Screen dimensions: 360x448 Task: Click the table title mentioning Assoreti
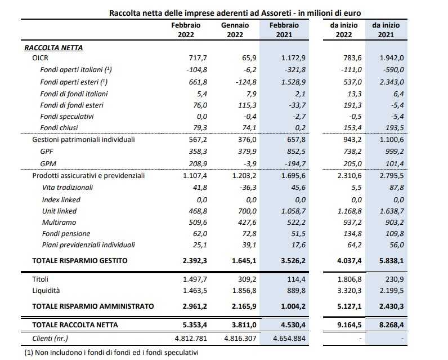[x=235, y=12]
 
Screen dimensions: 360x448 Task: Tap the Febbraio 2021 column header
[x=284, y=30]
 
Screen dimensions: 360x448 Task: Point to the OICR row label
[x=42, y=58]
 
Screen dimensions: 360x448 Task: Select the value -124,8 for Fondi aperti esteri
[x=242, y=81]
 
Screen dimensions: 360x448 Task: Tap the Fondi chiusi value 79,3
[x=196, y=128]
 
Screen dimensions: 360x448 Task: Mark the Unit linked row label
[x=59, y=211]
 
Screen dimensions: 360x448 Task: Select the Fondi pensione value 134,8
[x=350, y=234]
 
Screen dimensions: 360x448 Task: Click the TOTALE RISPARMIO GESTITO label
[x=79, y=261]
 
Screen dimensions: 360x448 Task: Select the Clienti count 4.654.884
[x=288, y=337]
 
